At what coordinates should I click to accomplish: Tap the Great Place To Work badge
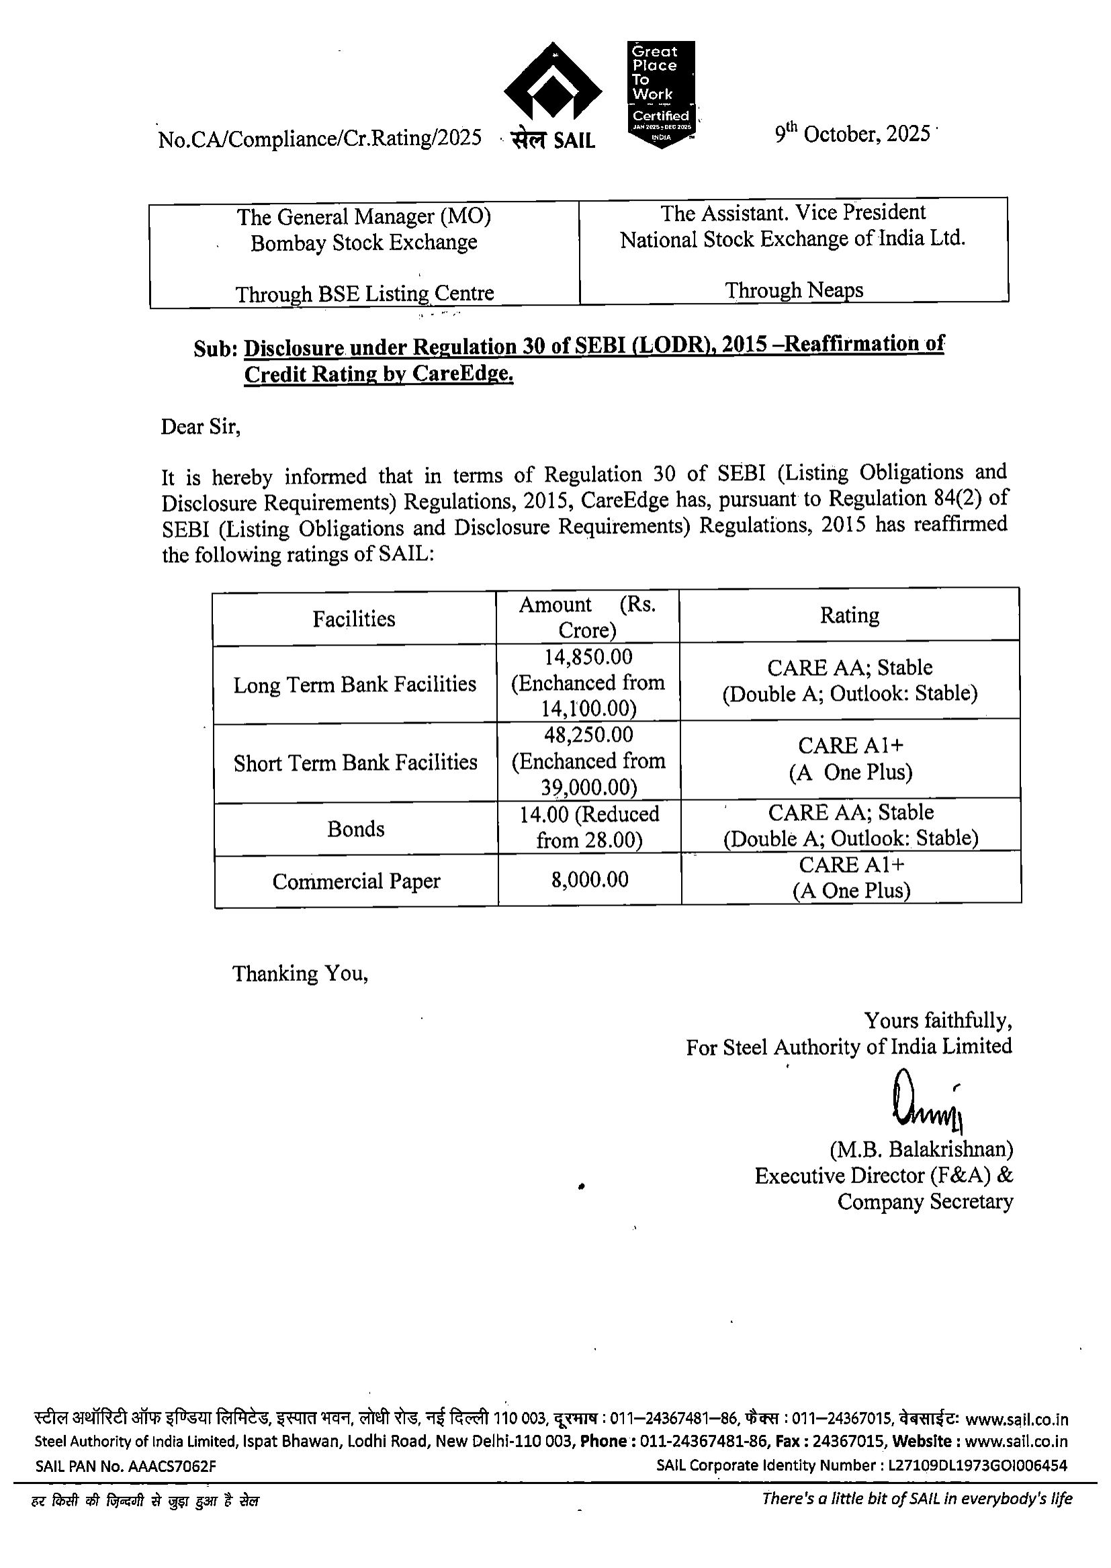tap(661, 93)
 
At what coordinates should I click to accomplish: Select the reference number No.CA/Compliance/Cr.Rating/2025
tap(320, 139)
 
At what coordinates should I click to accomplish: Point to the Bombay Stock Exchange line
tap(363, 243)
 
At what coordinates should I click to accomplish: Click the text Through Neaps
tap(793, 290)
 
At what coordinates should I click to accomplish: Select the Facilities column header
tap(354, 619)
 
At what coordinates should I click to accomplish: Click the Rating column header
tap(850, 615)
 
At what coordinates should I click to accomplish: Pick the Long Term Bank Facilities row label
tap(355, 685)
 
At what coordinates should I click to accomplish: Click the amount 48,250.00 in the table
tap(588, 735)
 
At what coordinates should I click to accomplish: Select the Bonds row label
tap(356, 829)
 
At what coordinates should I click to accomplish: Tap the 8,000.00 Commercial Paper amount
tap(590, 880)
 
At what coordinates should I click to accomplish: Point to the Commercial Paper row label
tap(356, 881)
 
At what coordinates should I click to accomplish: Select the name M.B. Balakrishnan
tap(921, 1149)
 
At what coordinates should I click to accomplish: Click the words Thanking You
tap(300, 973)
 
